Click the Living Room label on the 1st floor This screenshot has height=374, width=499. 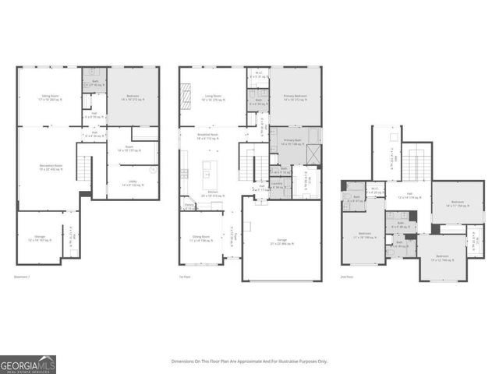[213, 97]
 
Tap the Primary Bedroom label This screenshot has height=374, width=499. [295, 97]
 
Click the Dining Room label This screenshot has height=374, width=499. [201, 238]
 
